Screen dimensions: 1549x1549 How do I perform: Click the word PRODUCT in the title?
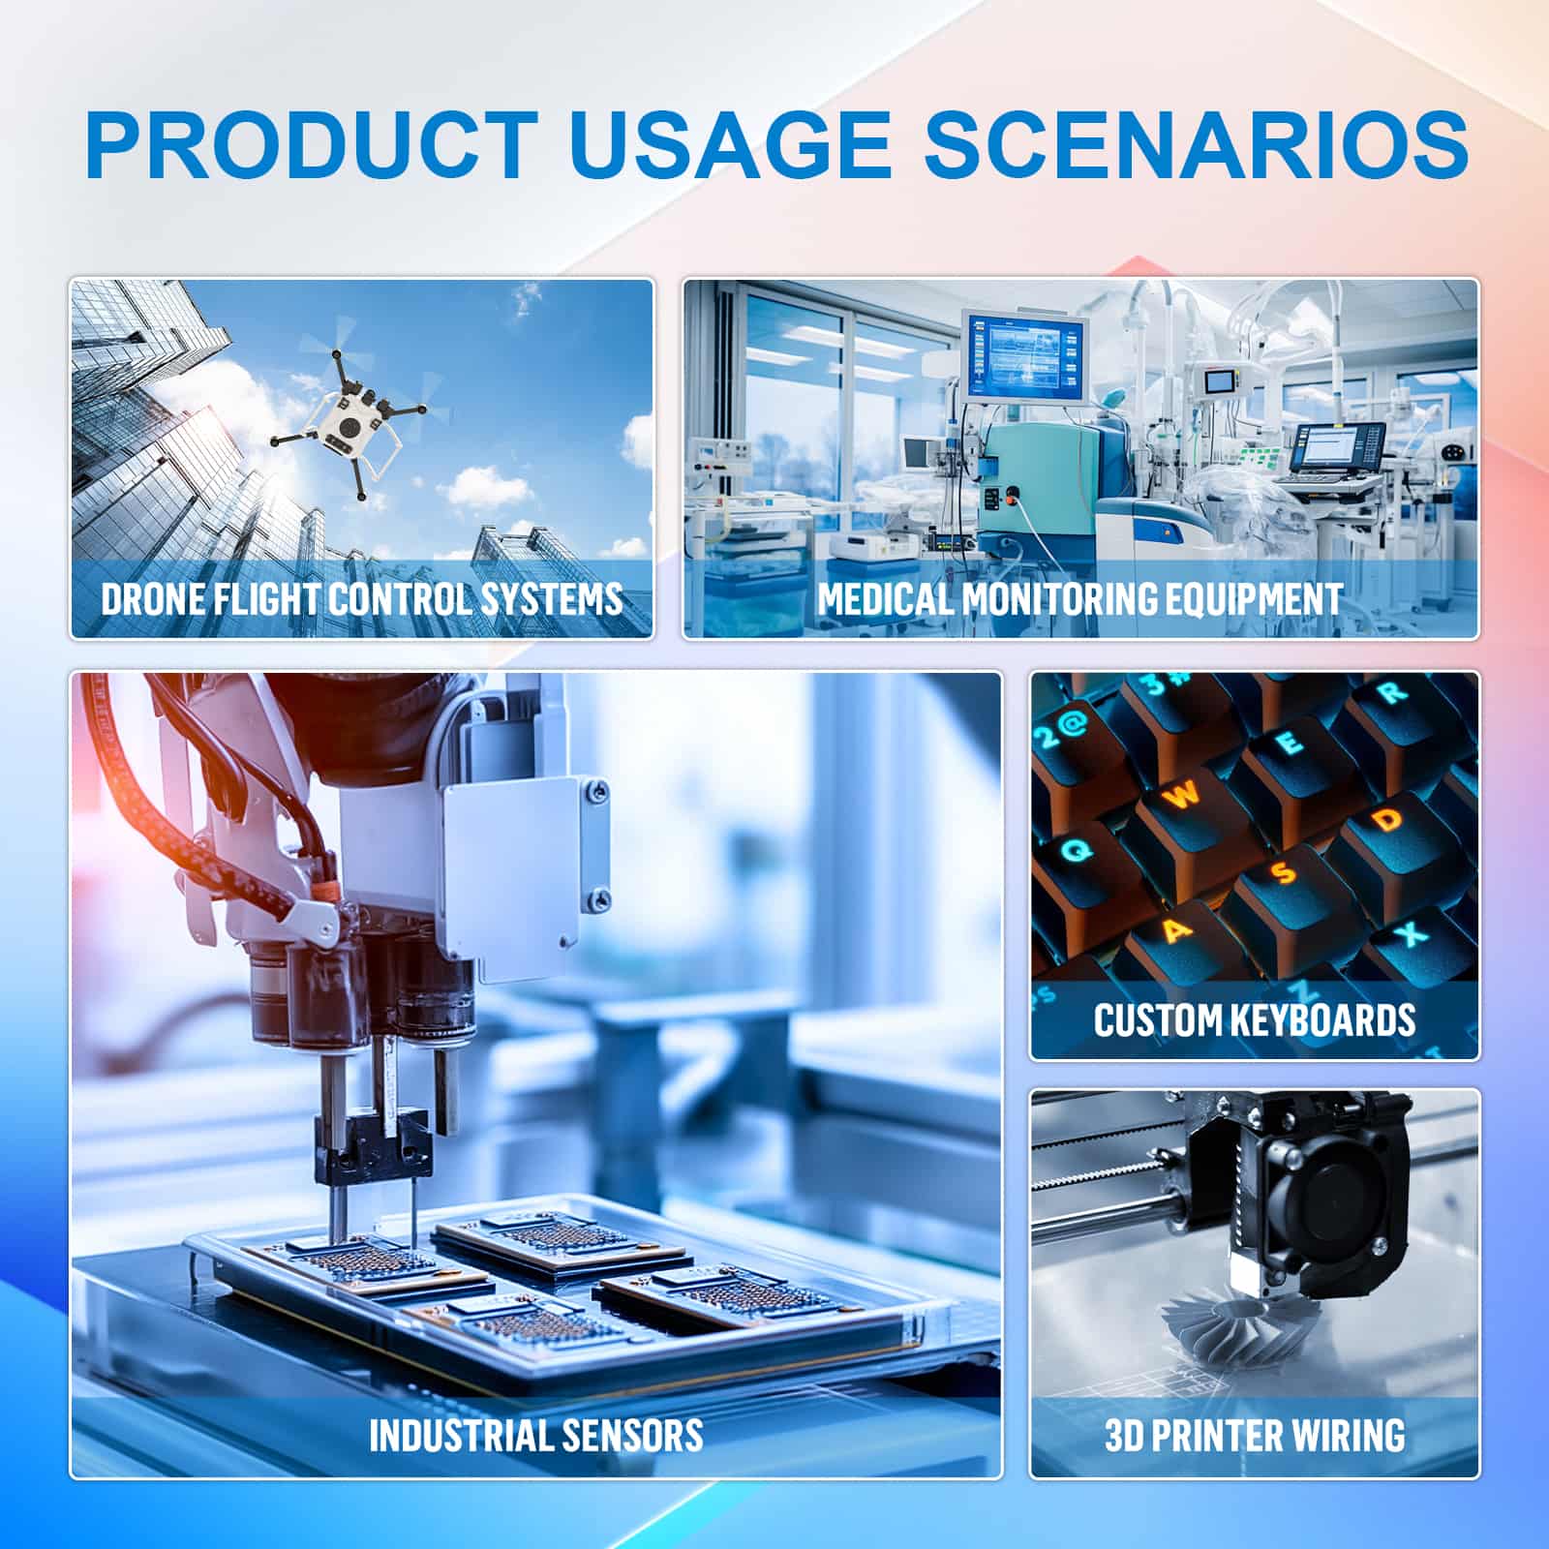[x=312, y=144]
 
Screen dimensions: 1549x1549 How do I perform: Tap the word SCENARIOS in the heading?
[x=1197, y=144]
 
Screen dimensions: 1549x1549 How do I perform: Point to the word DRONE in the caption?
[x=152, y=598]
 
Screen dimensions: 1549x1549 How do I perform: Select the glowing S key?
[x=1285, y=873]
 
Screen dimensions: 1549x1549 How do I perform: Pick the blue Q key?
[x=1077, y=850]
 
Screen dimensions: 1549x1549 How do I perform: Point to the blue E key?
[x=1290, y=744]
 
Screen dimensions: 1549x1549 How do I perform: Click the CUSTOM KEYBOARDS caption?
[x=1255, y=1020]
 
